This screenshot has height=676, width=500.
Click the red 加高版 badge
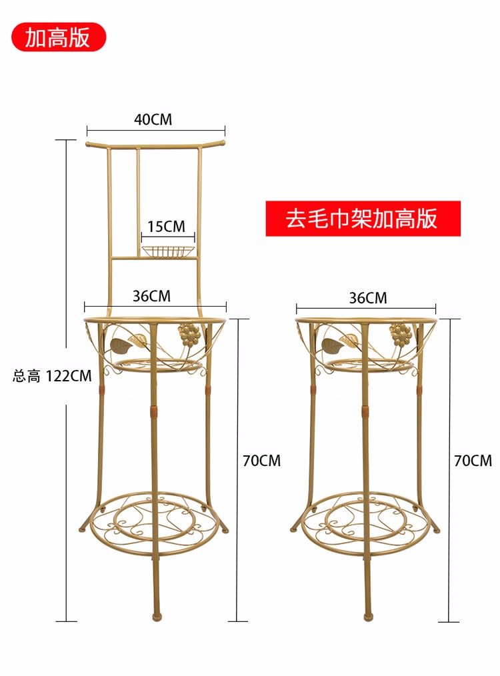coord(58,37)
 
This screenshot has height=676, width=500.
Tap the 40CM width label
coord(153,120)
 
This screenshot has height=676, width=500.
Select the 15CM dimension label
coord(166,227)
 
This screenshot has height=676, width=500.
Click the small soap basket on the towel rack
coord(169,251)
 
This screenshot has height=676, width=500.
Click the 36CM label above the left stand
coord(151,296)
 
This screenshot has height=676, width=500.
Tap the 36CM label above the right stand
coord(367,298)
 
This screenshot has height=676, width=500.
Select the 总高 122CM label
coord(52,376)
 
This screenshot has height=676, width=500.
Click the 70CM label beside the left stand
coord(261,461)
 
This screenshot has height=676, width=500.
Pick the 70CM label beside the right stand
coord(472,461)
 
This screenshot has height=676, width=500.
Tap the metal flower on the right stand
coord(400,335)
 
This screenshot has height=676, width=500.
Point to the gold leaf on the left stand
coord(123,345)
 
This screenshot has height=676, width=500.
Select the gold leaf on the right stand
coord(333,345)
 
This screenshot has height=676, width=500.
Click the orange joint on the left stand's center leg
coord(155,413)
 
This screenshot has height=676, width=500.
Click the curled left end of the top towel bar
coord(91,143)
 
